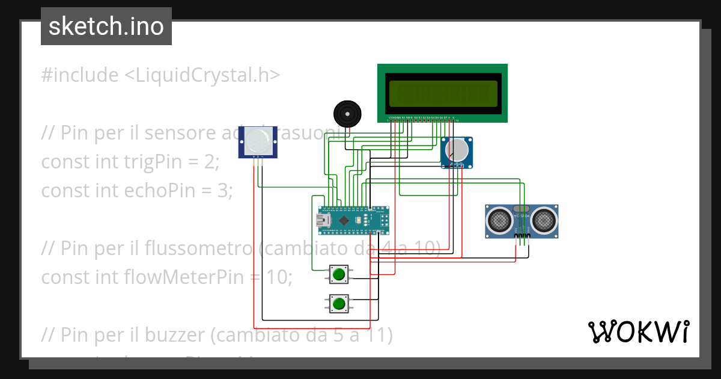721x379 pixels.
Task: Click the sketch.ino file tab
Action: (x=106, y=26)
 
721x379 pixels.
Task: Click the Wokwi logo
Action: (x=638, y=331)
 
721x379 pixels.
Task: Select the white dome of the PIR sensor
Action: (x=258, y=141)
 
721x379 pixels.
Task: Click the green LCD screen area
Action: (x=442, y=94)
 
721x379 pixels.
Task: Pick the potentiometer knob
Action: (x=457, y=150)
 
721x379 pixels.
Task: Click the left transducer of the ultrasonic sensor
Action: (x=499, y=221)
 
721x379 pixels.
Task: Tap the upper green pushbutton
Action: (x=339, y=275)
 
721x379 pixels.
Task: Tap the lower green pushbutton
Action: (x=339, y=303)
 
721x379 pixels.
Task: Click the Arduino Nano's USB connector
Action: (x=324, y=221)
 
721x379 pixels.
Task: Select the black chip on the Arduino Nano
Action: (x=344, y=221)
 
